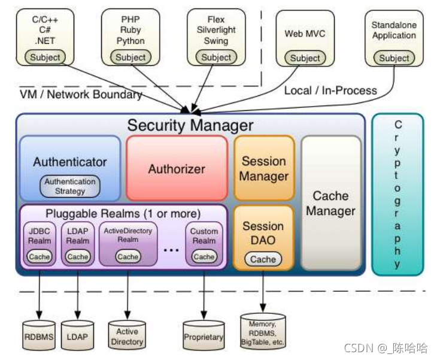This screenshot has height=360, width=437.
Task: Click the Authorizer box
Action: click(x=177, y=168)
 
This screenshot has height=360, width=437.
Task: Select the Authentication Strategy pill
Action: click(x=70, y=186)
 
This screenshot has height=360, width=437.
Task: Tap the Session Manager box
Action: click(x=264, y=168)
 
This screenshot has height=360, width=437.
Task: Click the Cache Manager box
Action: click(x=330, y=203)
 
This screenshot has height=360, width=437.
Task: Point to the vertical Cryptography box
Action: click(x=397, y=194)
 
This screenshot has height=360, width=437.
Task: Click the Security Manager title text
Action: click(x=190, y=126)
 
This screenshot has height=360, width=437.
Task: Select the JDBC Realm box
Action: click(x=40, y=243)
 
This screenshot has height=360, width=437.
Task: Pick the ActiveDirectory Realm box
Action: click(x=128, y=243)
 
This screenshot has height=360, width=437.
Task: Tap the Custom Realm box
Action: click(x=204, y=243)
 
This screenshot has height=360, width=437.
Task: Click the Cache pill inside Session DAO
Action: click(x=263, y=259)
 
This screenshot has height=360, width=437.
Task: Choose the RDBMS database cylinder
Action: click(x=39, y=337)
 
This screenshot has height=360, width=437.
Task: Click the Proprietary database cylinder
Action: click(x=204, y=337)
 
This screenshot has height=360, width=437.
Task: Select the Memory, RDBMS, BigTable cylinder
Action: click(x=263, y=331)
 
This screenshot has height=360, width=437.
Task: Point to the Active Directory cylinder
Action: click(x=127, y=336)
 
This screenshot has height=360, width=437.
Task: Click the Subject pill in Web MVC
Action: click(x=305, y=58)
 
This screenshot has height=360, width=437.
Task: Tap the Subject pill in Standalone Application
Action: click(x=394, y=58)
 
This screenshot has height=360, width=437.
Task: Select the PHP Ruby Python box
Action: click(x=131, y=36)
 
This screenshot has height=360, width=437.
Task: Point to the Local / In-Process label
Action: click(x=330, y=90)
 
